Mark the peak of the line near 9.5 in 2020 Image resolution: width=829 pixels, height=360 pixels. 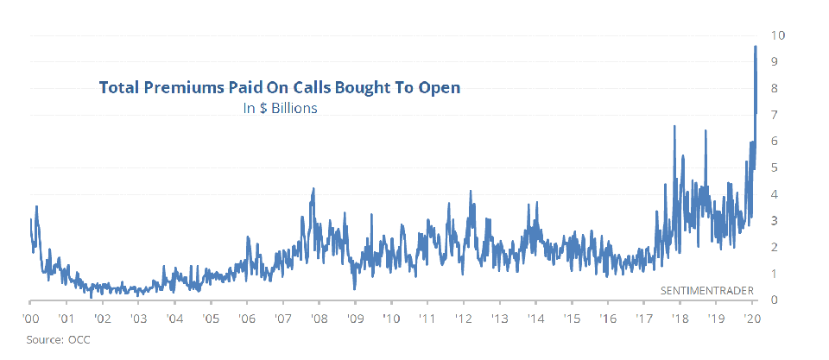(756, 47)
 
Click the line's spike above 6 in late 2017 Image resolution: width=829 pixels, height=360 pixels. (674, 126)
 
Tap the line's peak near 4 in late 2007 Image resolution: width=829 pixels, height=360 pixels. (313, 188)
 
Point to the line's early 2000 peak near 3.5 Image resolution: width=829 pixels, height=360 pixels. (36, 206)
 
